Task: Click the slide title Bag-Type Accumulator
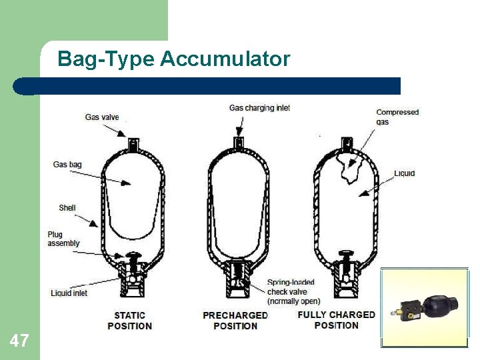click(x=173, y=59)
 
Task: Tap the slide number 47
click(x=19, y=341)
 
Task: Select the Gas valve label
click(x=102, y=117)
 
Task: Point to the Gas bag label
click(x=67, y=165)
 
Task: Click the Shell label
click(x=67, y=208)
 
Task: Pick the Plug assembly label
click(x=63, y=239)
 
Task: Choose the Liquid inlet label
click(x=69, y=293)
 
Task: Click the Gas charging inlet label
click(x=259, y=108)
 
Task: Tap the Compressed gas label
click(x=397, y=117)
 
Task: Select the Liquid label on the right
click(x=404, y=173)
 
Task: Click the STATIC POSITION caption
click(x=129, y=321)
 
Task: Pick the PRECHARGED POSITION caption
click(x=235, y=321)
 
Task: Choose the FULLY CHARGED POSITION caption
click(x=336, y=320)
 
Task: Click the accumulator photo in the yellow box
click(x=424, y=308)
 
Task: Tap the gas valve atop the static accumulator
click(x=132, y=143)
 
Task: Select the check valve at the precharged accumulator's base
click(x=238, y=278)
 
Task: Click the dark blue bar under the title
click(x=207, y=86)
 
